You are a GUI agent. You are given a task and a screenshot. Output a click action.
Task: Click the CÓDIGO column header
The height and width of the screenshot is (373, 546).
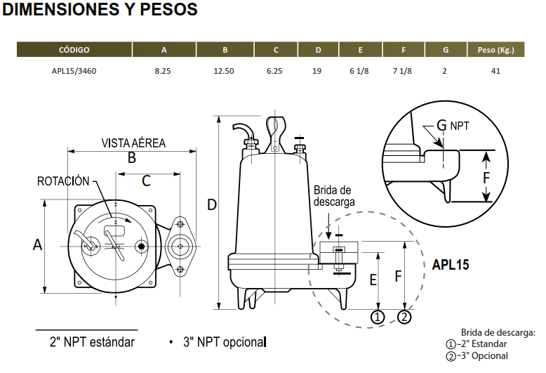(74, 50)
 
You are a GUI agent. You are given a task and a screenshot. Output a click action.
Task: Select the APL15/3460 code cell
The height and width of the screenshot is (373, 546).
(74, 71)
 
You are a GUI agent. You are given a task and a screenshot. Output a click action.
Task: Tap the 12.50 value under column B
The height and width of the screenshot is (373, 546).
(224, 71)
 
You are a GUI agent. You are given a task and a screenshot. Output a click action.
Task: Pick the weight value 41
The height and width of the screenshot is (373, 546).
(495, 71)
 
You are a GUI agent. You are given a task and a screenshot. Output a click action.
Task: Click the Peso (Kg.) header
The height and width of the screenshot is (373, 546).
(496, 50)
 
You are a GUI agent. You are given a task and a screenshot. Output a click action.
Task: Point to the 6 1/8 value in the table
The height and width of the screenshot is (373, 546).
(359, 71)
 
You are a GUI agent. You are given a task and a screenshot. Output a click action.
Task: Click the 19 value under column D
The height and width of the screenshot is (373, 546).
(317, 71)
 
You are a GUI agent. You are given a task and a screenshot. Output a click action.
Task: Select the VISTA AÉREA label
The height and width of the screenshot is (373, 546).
(133, 143)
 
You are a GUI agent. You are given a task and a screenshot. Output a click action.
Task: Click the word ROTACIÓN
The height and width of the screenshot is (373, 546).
(63, 181)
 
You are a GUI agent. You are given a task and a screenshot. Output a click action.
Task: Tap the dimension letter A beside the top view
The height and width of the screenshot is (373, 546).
(38, 244)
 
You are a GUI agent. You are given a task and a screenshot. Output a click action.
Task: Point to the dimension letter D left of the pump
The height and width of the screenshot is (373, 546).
(212, 205)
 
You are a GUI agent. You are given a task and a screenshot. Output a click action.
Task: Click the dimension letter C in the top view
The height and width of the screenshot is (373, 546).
(146, 181)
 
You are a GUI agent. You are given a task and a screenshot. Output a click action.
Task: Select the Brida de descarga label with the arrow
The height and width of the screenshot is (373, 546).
(334, 196)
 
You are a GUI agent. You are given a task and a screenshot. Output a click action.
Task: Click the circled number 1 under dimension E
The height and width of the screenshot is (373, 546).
(378, 318)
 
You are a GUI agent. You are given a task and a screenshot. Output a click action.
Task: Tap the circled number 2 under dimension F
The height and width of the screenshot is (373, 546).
(404, 318)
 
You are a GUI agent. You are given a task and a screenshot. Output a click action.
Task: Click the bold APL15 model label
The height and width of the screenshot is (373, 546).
(451, 265)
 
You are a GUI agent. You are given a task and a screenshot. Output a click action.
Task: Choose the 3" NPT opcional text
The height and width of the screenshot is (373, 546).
(225, 342)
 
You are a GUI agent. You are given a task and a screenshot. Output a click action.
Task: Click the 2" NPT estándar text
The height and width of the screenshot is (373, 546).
(92, 342)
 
